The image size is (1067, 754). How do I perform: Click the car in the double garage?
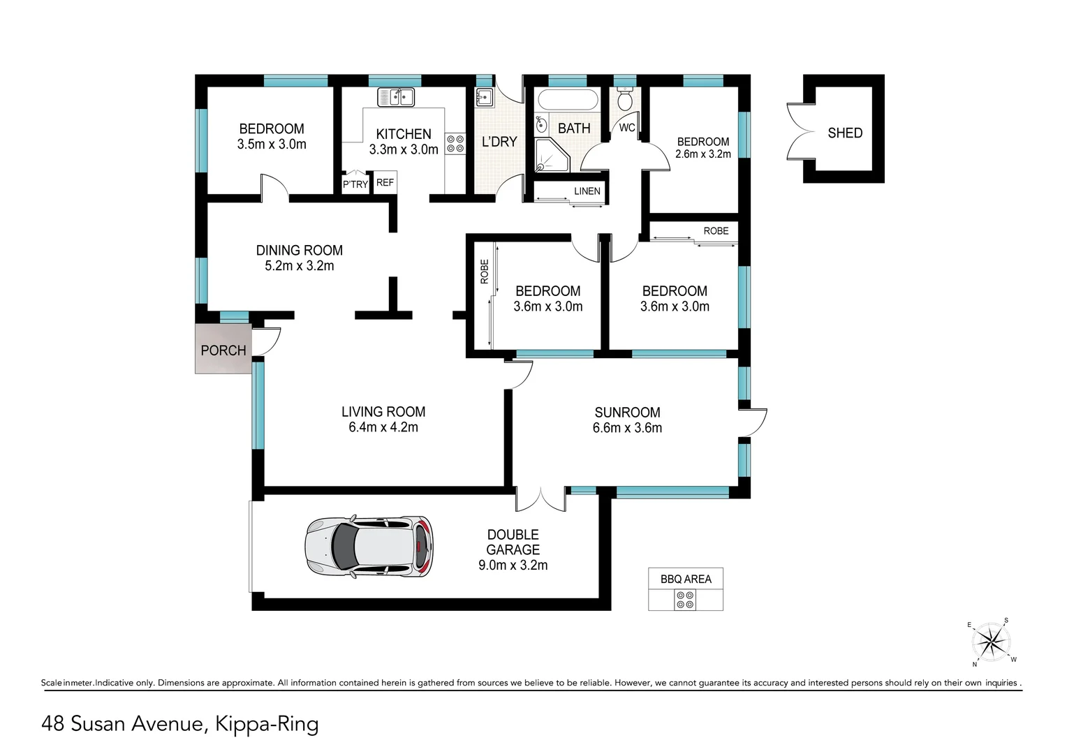369,547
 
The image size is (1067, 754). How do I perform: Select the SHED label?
844,133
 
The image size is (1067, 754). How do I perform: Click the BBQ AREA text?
686,579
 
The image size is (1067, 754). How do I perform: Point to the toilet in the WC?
625,101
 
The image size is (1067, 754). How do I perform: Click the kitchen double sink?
396,97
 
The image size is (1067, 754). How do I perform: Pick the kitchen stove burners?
455,144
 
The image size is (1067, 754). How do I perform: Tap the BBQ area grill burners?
685,599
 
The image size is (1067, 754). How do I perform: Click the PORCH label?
223,350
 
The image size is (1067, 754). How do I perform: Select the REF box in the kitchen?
385,183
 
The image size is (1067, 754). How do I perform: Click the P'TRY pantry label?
355,184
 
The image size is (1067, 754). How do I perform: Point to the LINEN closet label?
587,191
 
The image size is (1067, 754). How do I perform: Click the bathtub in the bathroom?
570,99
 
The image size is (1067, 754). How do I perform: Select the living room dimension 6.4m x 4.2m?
383,427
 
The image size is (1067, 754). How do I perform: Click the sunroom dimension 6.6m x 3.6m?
627,428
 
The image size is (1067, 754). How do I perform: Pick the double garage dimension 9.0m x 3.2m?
513,565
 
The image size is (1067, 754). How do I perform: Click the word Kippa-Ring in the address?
267,723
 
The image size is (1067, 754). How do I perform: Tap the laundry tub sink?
484,96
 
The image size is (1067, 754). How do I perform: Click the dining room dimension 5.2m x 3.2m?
299,266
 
